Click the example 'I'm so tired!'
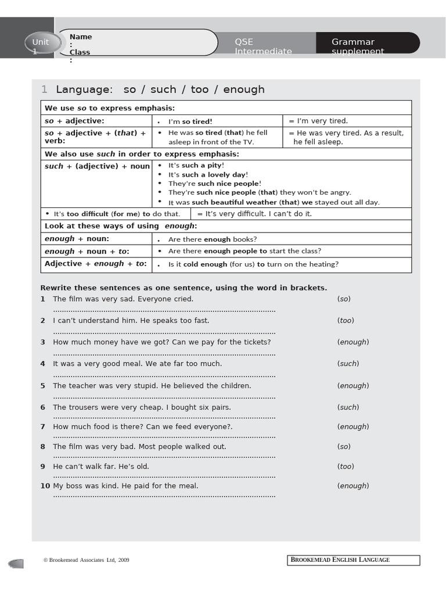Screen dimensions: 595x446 click(x=190, y=121)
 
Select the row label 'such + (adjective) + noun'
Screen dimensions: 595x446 click(x=97, y=166)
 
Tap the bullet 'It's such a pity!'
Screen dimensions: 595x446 click(x=196, y=166)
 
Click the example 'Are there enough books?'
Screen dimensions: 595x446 click(x=213, y=239)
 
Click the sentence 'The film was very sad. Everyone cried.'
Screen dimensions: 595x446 click(x=123, y=299)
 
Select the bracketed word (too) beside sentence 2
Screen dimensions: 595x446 click(x=346, y=321)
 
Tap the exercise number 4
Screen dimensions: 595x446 click(x=43, y=364)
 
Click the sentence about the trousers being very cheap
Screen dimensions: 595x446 click(x=142, y=407)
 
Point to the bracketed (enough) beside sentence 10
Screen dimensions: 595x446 click(x=353, y=486)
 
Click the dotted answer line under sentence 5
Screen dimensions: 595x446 click(x=164, y=397)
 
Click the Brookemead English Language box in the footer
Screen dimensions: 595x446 click(x=353, y=560)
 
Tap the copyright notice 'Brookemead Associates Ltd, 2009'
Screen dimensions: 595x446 click(x=87, y=560)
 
